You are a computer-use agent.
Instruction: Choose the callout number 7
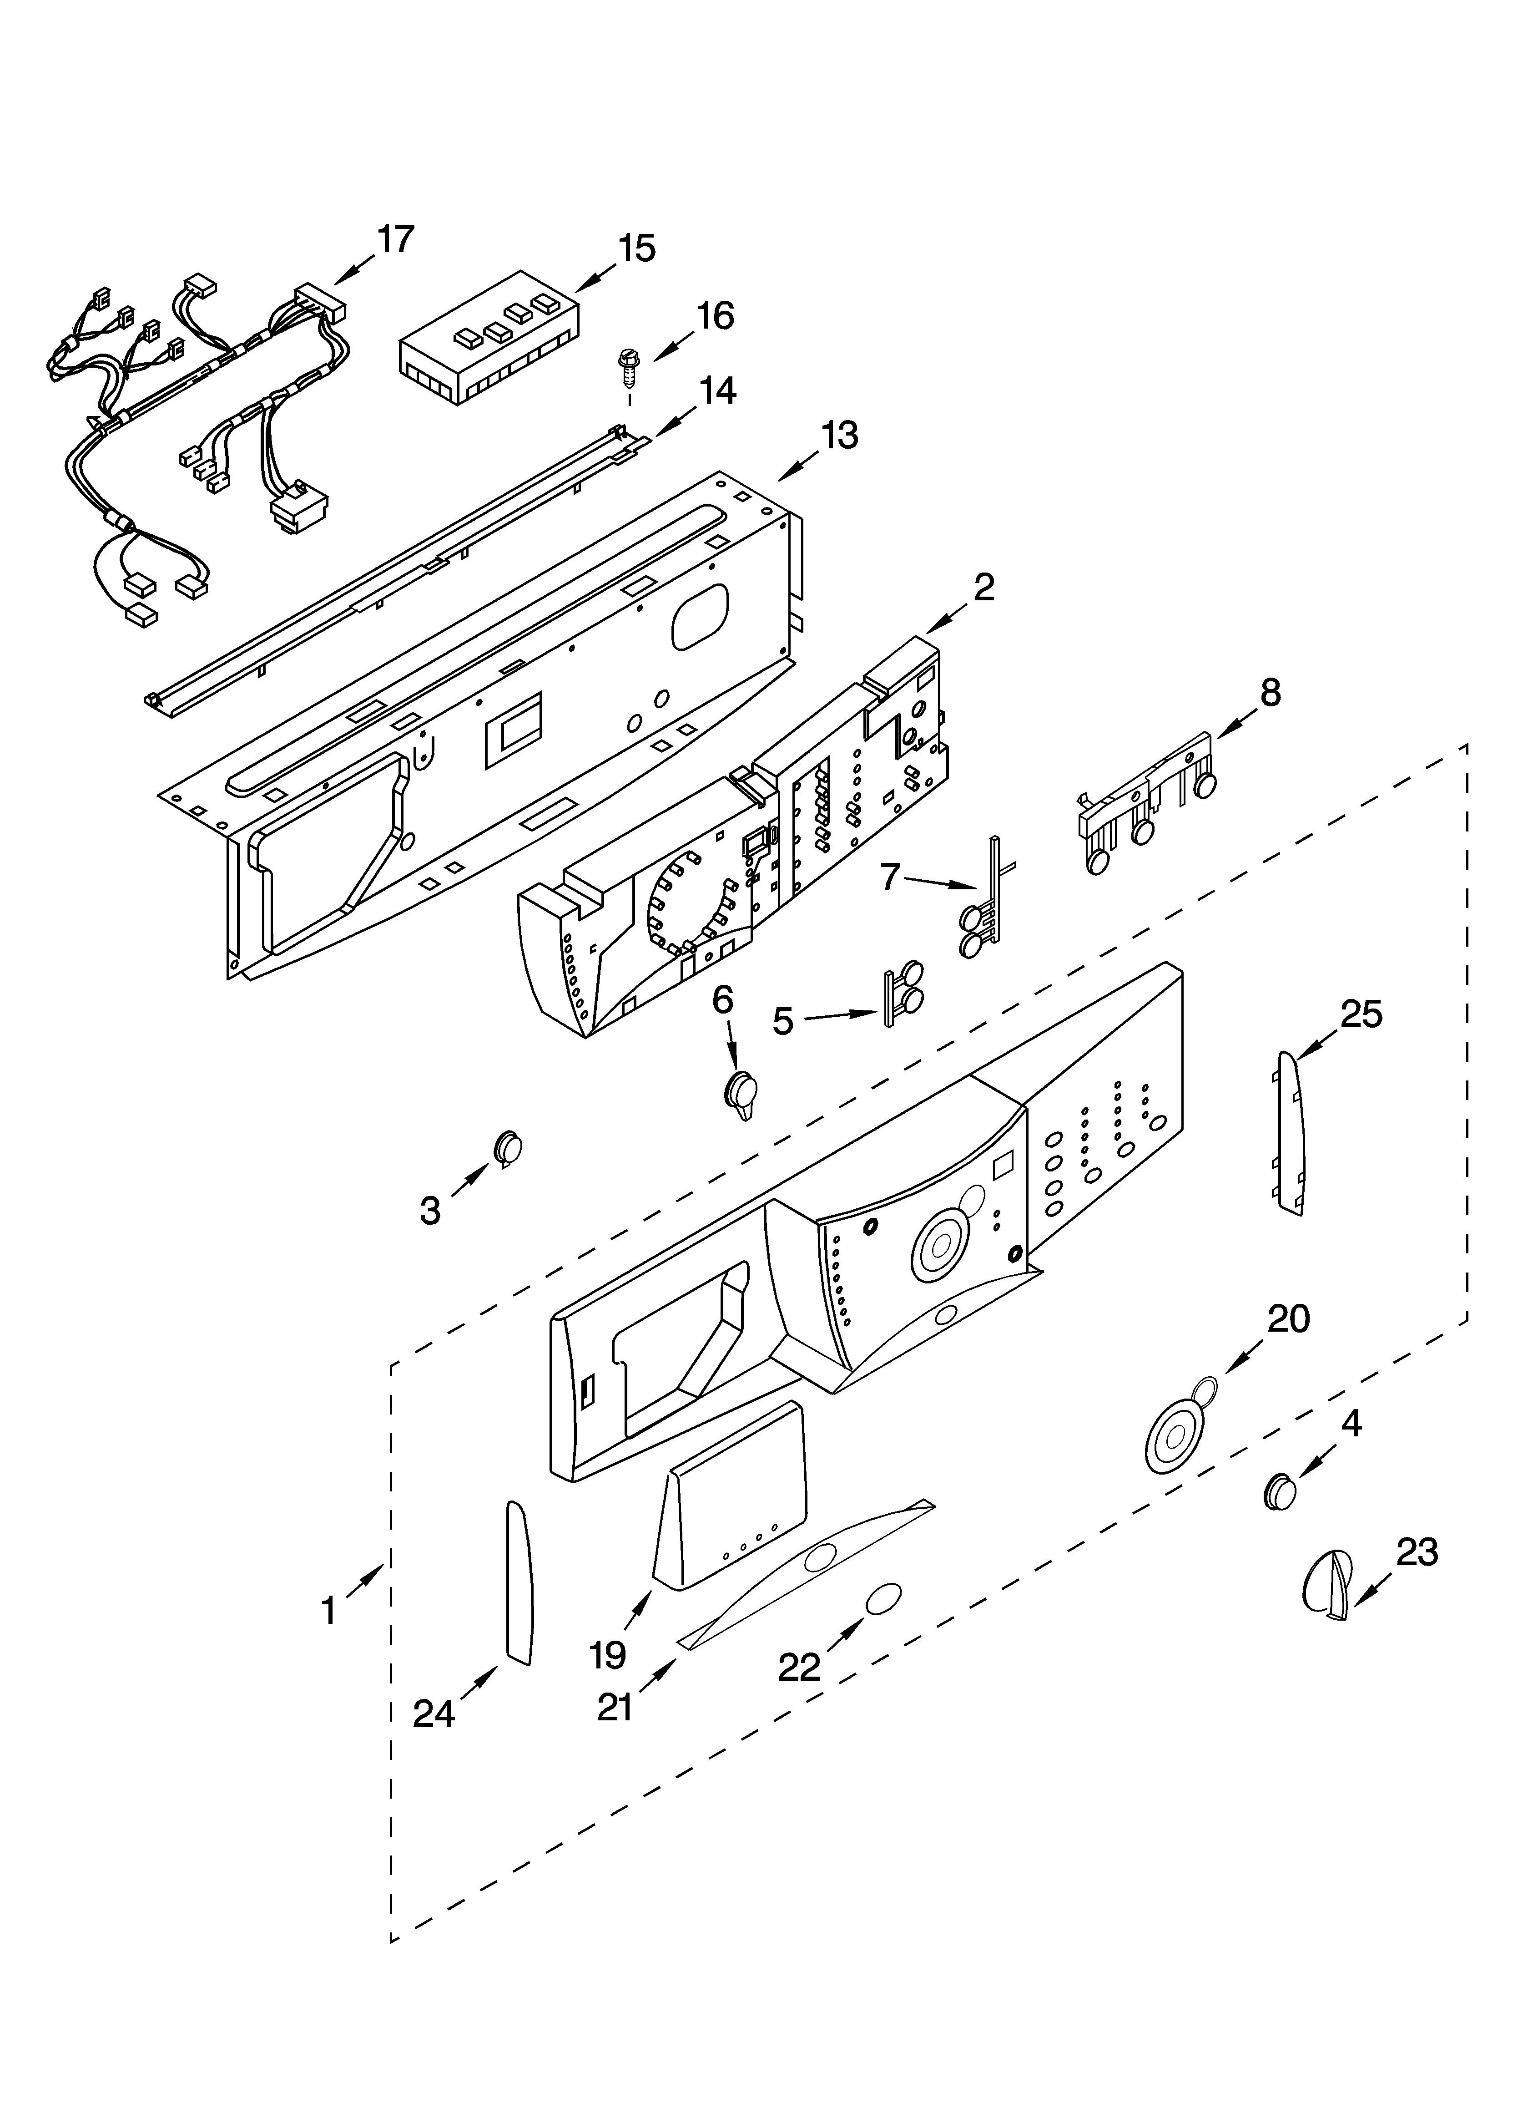tap(890, 876)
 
